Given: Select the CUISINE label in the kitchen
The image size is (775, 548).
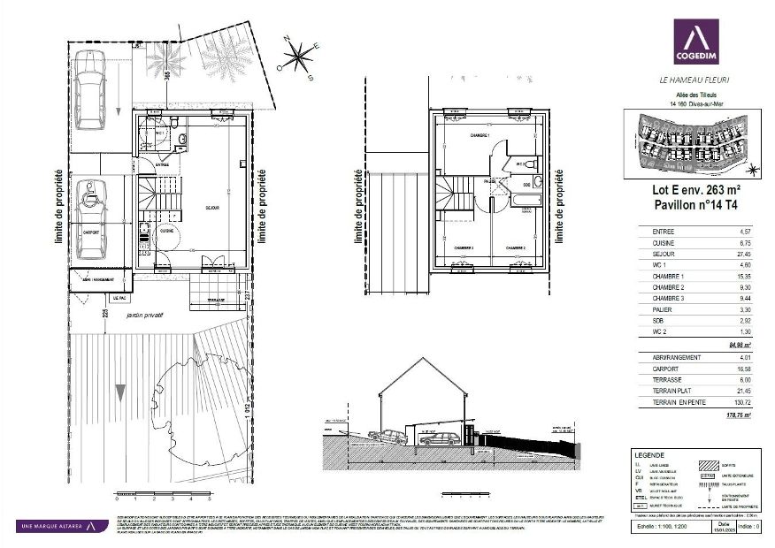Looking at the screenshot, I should (x=166, y=232).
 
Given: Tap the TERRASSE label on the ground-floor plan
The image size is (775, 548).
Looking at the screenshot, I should (x=215, y=301).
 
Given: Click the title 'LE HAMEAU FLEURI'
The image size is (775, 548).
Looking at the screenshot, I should (x=694, y=80).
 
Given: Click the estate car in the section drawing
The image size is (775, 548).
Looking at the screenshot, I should (x=439, y=438).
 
